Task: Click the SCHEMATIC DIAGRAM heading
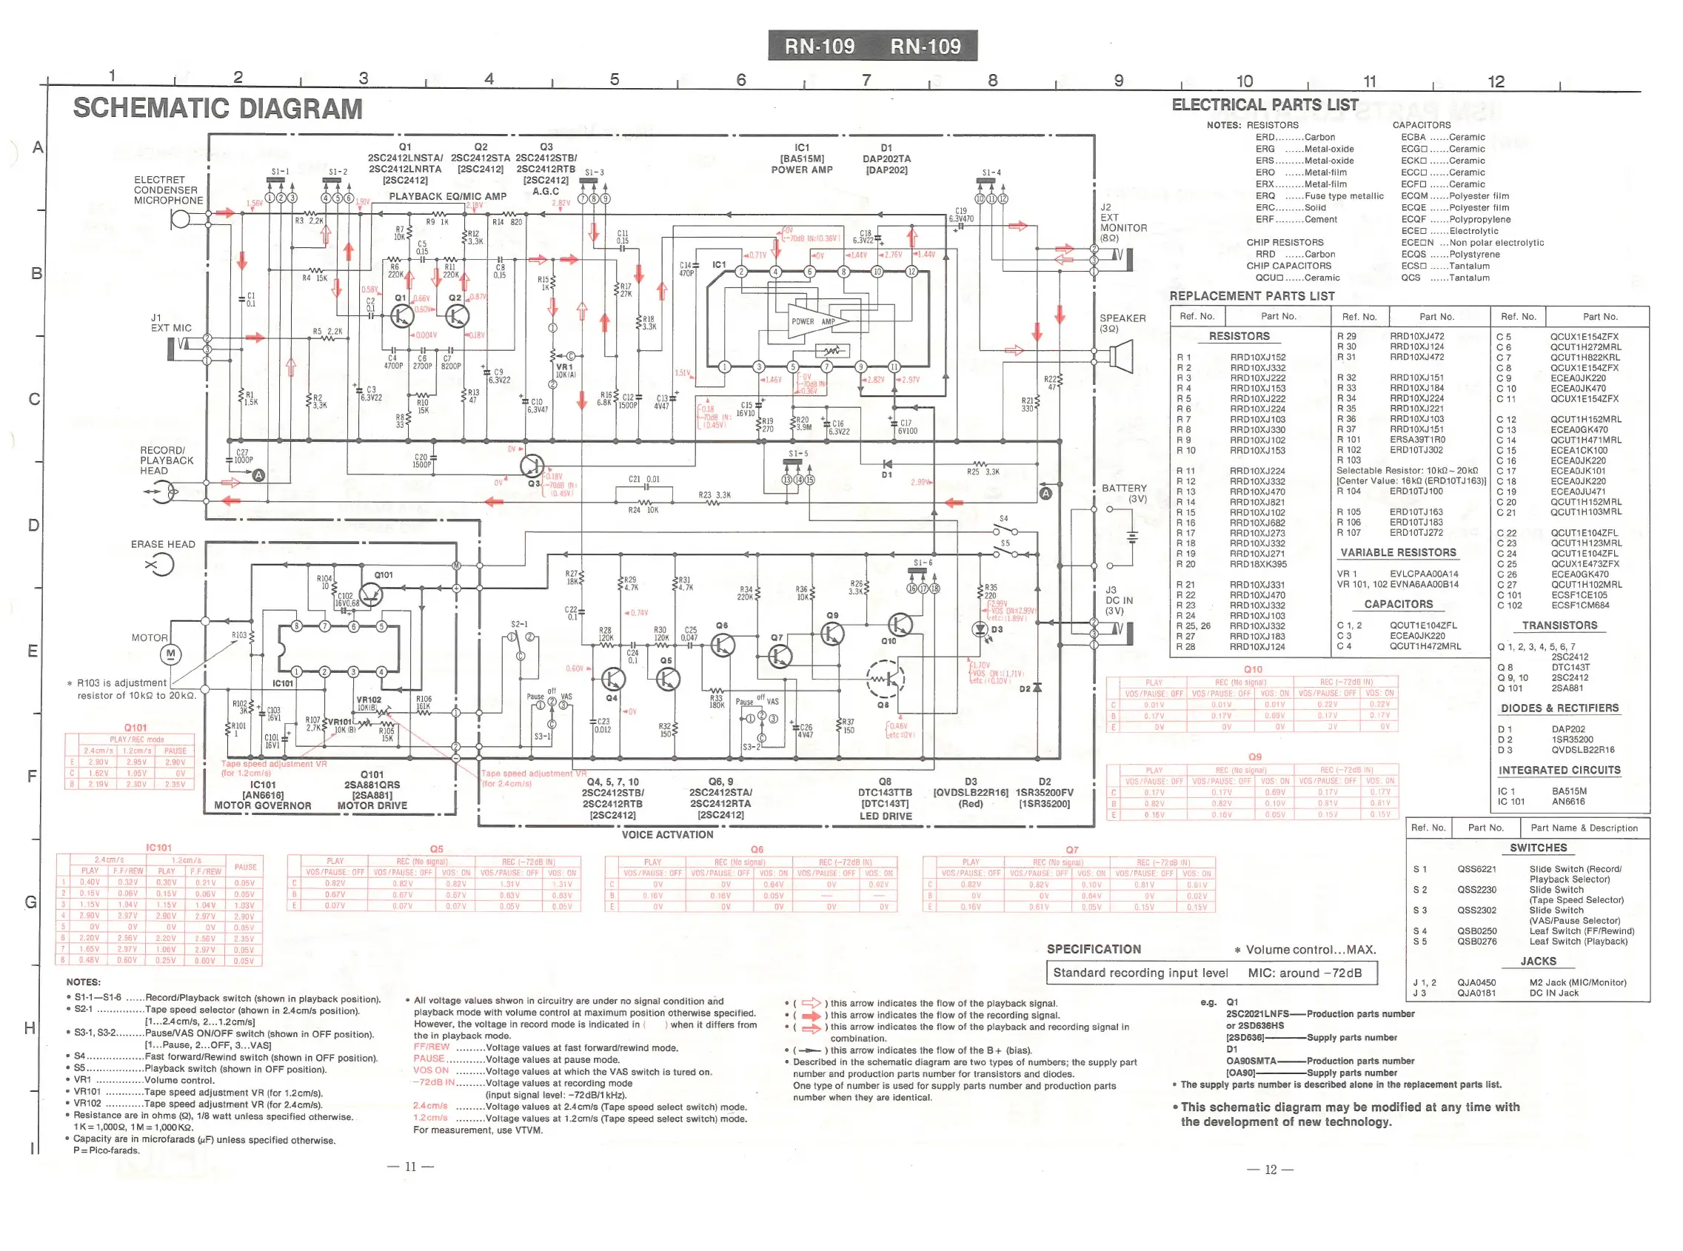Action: pos(218,108)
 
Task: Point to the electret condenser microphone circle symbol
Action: pos(180,219)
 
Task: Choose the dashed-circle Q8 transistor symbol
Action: pos(885,680)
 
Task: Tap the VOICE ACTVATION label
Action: pos(666,835)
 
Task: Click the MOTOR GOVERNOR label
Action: pos(262,805)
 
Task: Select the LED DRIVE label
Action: pos(885,816)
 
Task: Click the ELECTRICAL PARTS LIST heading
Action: pos(1264,105)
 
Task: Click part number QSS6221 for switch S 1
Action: pos(1476,869)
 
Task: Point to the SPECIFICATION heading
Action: pos(1093,950)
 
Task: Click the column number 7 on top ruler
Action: pos(866,79)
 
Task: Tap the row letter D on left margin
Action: pos(33,525)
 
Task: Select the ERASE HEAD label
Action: pos(163,545)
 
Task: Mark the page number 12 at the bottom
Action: pos(1270,1170)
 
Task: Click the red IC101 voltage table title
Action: pos(158,848)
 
